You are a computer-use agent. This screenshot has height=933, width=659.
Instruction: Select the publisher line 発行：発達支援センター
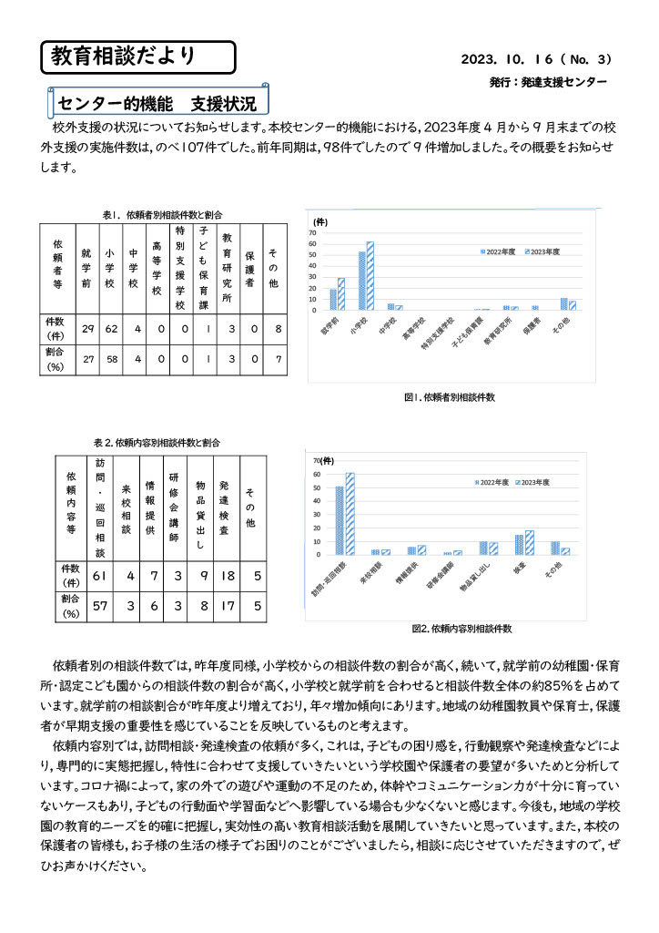(x=546, y=82)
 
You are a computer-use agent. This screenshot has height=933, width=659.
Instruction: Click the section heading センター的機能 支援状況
(x=157, y=99)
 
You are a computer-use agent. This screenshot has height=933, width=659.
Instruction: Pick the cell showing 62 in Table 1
(x=110, y=328)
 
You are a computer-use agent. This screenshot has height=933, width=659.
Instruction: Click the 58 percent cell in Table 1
(x=110, y=359)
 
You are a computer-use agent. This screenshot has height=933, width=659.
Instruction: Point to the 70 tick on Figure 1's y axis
(x=313, y=232)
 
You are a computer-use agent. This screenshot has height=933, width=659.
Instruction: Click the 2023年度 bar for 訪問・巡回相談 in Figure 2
(x=350, y=513)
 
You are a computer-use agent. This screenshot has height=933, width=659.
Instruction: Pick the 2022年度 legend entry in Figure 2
(x=492, y=480)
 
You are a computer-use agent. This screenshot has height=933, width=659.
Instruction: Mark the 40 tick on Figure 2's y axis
(x=318, y=500)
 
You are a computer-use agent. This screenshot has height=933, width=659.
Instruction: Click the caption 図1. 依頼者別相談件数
(x=450, y=397)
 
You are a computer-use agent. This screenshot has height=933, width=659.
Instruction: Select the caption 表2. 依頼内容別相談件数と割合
(x=157, y=441)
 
